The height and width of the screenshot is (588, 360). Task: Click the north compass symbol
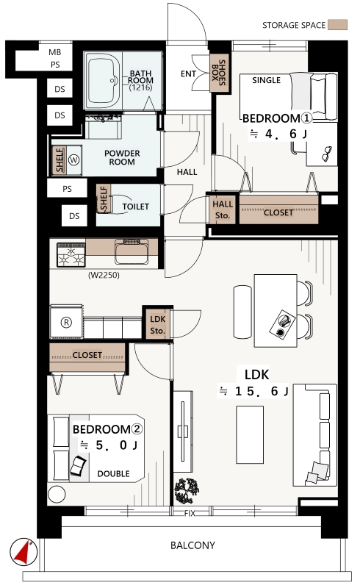(24, 552)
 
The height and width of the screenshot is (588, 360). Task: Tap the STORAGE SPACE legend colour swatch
(337, 25)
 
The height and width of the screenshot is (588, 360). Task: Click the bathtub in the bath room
(104, 81)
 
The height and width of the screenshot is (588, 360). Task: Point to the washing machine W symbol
(74, 160)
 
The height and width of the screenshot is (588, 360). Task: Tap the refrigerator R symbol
(66, 323)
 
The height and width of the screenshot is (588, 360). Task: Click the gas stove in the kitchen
(71, 255)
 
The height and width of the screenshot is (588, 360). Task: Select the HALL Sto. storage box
(223, 209)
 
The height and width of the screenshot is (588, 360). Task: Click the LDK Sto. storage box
(157, 324)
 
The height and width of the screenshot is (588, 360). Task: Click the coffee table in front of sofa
(250, 434)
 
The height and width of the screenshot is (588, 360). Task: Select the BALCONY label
(192, 545)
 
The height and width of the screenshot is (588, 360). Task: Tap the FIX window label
(190, 513)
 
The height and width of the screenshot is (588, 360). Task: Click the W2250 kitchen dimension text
(104, 275)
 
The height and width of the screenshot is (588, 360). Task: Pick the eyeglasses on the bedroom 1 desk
(327, 154)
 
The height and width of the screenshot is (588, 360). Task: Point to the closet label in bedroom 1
(278, 212)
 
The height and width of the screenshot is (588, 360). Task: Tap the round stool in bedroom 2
(57, 495)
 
